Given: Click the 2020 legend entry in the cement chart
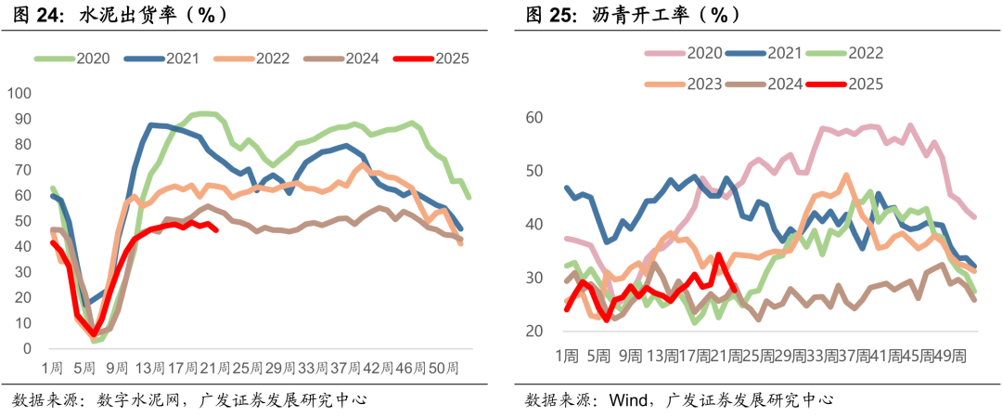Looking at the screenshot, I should pos(76,58).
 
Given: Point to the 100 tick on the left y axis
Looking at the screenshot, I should pos(19,94).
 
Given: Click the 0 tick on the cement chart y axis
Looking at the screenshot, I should pos(28,349).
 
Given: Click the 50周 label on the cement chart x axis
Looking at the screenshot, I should pos(447,368).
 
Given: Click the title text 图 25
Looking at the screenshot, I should pos(552,15).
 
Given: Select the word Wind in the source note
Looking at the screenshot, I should pos(628,400).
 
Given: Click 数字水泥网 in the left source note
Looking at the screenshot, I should pos(137,400).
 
